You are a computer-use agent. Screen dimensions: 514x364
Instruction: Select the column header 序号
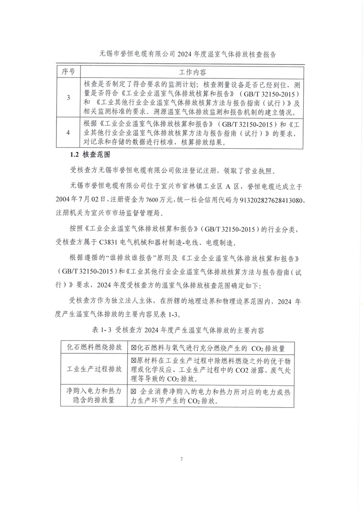[68, 72]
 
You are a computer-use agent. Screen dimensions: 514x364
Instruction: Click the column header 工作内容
[192, 72]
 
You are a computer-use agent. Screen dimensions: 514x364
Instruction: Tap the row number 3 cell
[68, 98]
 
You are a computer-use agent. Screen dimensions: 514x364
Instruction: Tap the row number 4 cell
[68, 133]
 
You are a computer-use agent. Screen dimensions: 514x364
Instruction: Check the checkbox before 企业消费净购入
[134, 392]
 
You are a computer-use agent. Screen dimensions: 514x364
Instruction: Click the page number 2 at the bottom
[182, 459]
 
